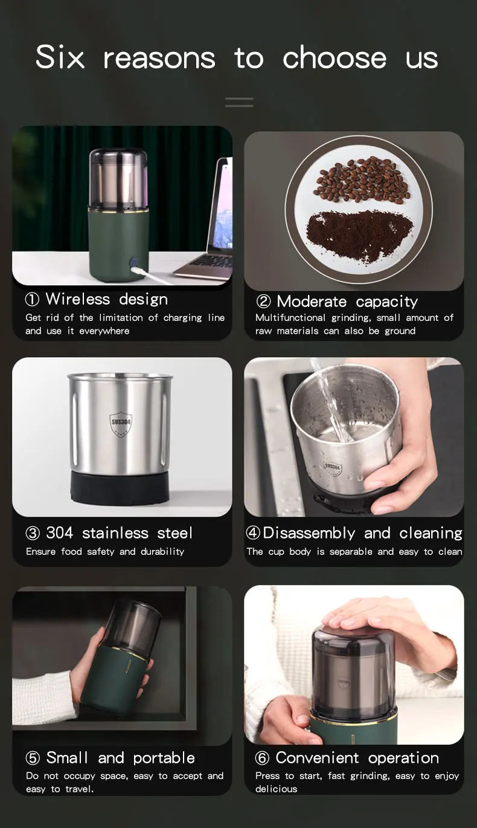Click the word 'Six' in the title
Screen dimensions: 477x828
(60, 57)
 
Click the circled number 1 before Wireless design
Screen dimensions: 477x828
(32, 299)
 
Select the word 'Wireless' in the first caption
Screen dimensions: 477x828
(78, 299)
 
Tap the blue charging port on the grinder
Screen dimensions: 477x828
(134, 264)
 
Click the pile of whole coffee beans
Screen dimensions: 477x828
(361, 180)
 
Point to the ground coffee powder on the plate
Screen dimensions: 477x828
(359, 234)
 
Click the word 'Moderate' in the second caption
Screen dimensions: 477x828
(312, 302)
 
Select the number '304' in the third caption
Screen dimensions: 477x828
(59, 533)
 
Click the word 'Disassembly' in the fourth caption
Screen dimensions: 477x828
(309, 533)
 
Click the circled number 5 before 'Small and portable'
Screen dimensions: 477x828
(33, 758)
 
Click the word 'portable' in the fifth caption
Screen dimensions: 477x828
(164, 758)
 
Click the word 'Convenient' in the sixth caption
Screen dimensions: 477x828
(317, 758)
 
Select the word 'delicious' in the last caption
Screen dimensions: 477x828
(276, 789)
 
